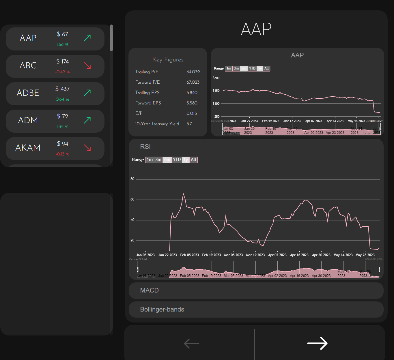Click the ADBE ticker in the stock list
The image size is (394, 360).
click(28, 93)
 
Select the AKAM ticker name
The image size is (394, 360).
click(28, 148)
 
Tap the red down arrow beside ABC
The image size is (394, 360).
click(87, 65)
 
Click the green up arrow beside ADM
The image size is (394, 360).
click(87, 120)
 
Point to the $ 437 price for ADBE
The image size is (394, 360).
click(63, 89)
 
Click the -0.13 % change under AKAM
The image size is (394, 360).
click(62, 154)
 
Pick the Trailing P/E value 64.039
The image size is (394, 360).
click(193, 72)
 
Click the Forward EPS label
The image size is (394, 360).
click(148, 103)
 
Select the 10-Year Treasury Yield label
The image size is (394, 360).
click(157, 124)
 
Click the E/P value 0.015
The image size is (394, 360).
click(192, 113)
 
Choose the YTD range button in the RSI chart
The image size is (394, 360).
click(177, 160)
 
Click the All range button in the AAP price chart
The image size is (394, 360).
click(266, 68)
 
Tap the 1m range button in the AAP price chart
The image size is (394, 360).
click(229, 68)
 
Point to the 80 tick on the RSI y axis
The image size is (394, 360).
click(132, 179)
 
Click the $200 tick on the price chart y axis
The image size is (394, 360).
click(216, 78)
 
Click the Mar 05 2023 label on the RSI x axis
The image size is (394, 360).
click(233, 255)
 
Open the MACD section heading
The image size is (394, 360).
click(149, 290)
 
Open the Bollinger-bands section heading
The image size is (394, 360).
click(162, 310)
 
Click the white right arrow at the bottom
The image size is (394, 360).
click(317, 343)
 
